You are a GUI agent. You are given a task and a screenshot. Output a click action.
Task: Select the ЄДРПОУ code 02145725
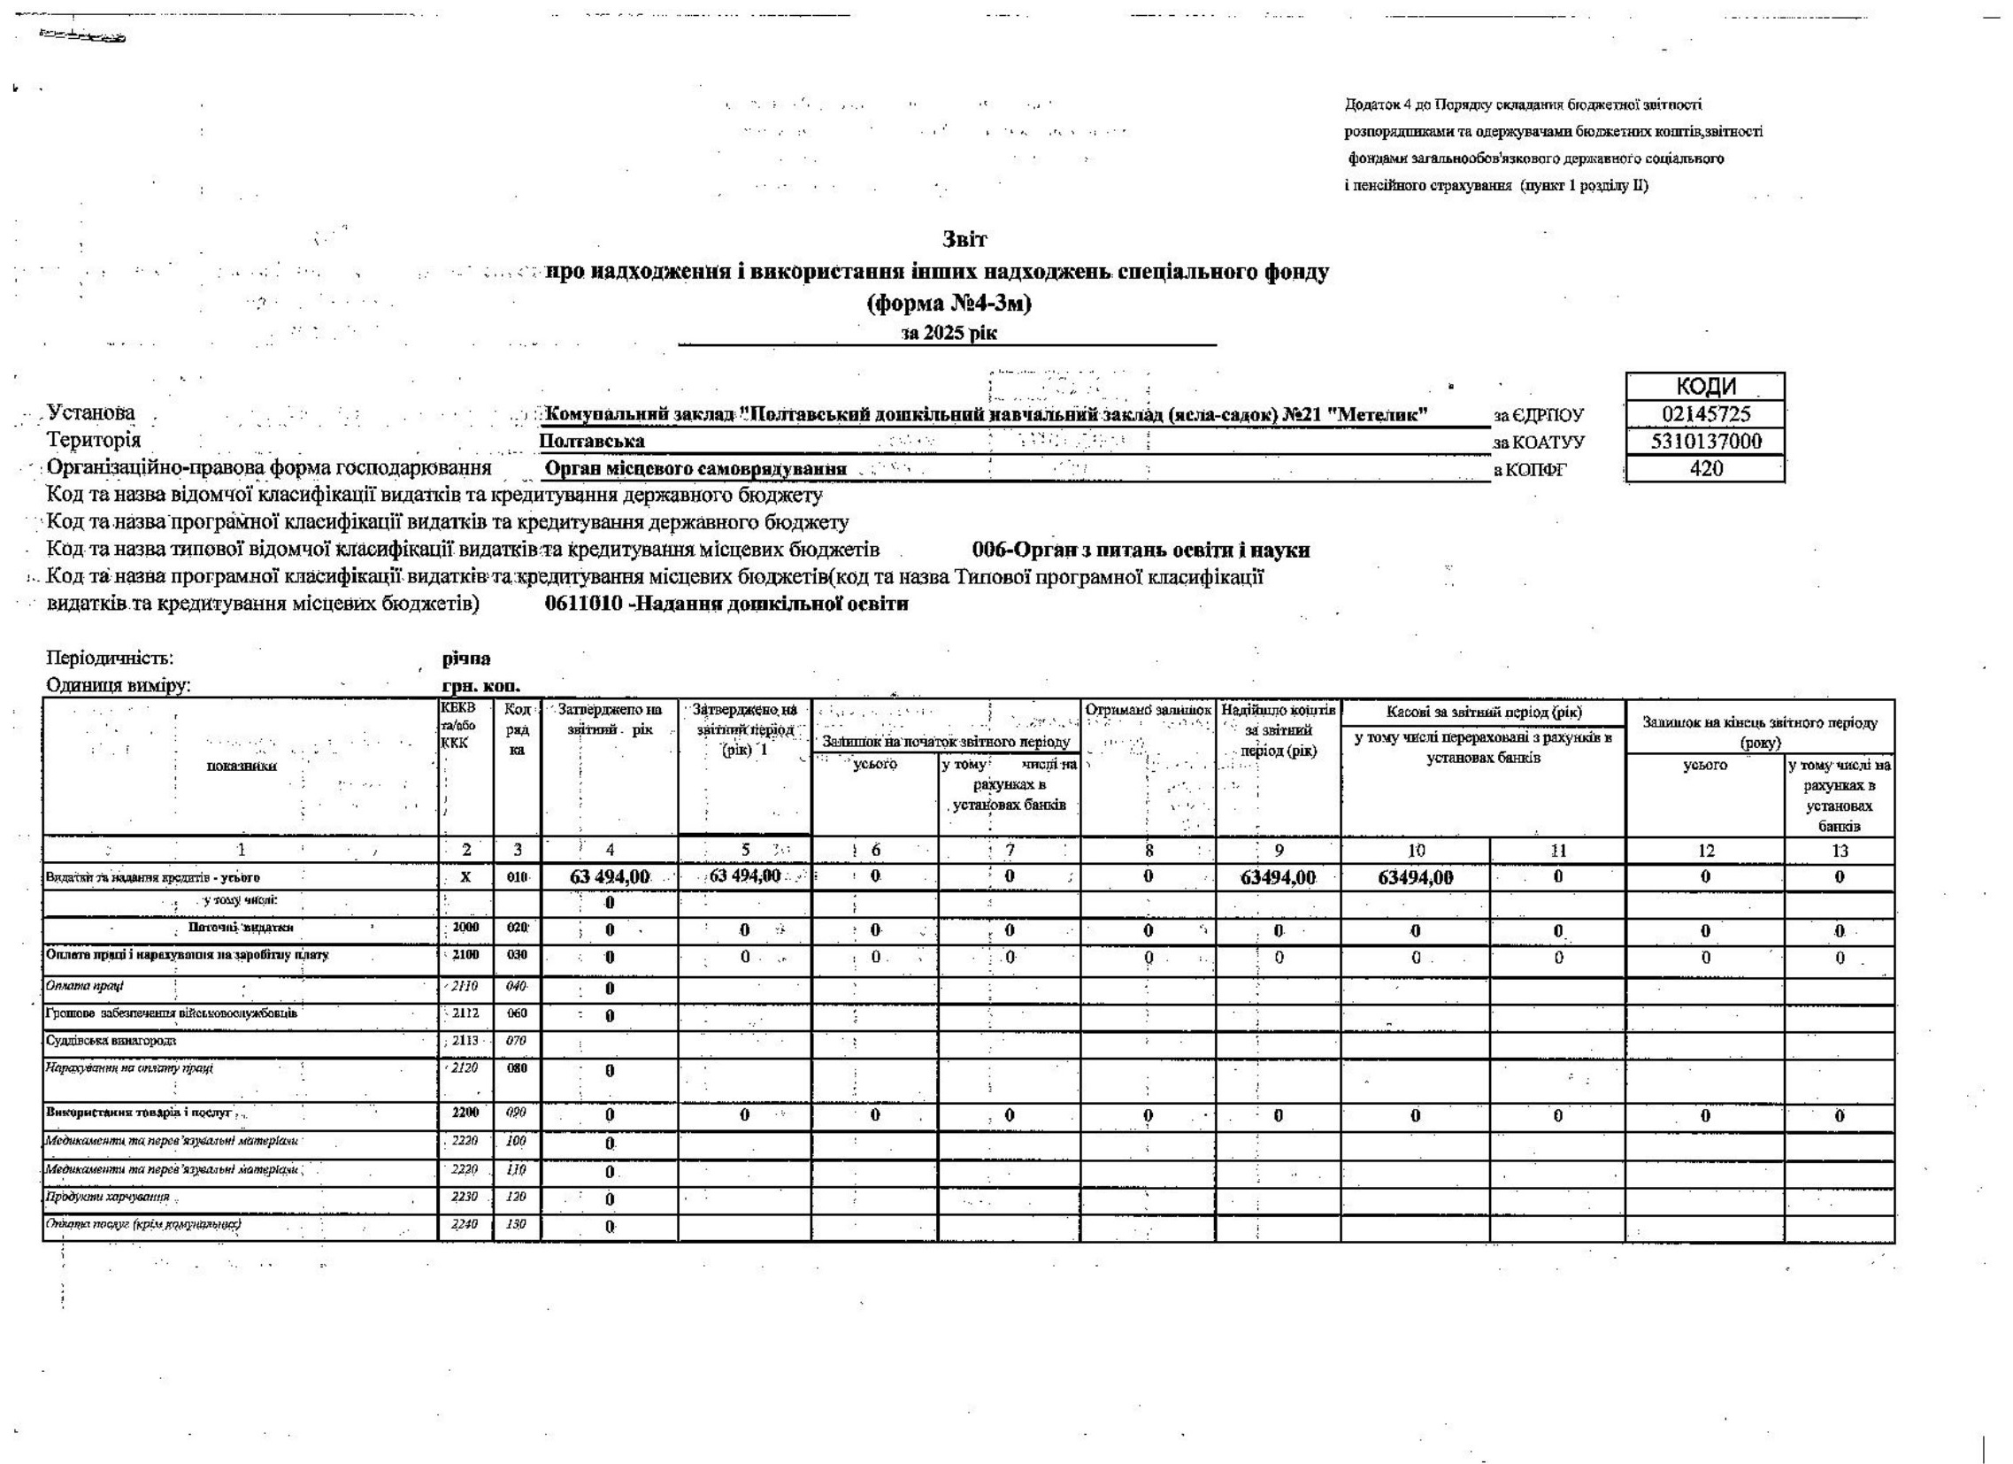tap(1706, 414)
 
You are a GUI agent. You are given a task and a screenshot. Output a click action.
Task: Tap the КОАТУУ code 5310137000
tap(1706, 442)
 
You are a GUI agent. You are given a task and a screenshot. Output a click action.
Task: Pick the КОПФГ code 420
tap(1706, 468)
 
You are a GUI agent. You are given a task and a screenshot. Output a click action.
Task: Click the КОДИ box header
tap(1706, 387)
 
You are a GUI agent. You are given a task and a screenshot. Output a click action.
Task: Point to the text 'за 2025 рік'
tap(948, 334)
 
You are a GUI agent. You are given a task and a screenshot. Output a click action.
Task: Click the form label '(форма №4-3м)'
tap(949, 304)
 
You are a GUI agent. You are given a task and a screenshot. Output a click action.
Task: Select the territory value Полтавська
tap(592, 442)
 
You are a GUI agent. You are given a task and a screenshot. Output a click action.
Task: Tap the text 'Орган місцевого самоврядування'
tap(695, 469)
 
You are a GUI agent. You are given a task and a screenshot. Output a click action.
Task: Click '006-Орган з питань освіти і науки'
tap(1141, 551)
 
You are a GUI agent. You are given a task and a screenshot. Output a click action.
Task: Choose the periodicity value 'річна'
tap(466, 659)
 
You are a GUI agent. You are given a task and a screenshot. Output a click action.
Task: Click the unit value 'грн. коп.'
tap(480, 686)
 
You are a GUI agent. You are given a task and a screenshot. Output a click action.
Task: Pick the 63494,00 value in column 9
tap(1278, 878)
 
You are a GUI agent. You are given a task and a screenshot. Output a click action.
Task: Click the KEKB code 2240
tap(465, 1224)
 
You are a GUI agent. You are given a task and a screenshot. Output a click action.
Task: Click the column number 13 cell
tap(1839, 851)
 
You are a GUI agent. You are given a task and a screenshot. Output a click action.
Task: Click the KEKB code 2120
tap(465, 1068)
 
